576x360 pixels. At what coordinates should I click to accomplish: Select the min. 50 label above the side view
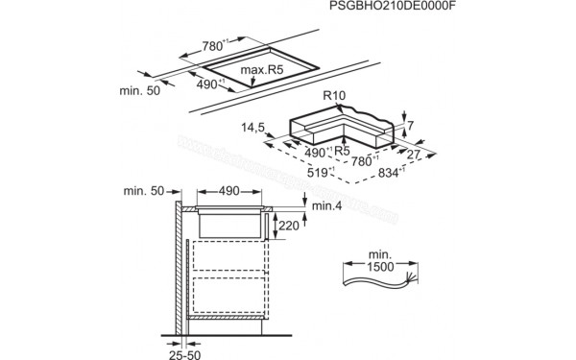(x=144, y=192)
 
